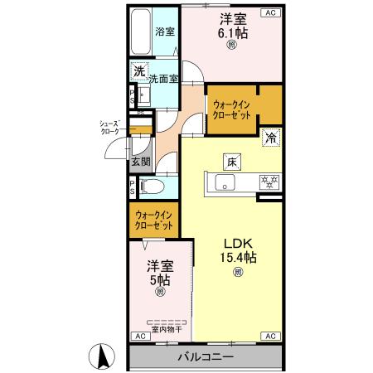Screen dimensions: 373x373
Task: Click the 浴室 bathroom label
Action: [x=165, y=32]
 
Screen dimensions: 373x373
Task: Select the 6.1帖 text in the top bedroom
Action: [x=231, y=33]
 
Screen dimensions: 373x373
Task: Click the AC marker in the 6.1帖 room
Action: [x=270, y=12]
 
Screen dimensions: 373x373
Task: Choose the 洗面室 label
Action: [x=164, y=79]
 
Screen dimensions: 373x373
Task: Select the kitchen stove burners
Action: [x=269, y=182]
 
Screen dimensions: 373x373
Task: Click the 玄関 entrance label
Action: [x=139, y=162]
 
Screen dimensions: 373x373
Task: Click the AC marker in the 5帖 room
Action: [x=138, y=337]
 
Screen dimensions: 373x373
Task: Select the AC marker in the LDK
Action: [x=270, y=337]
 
